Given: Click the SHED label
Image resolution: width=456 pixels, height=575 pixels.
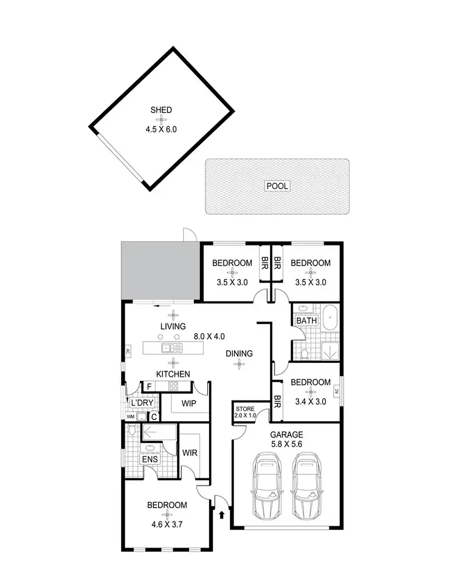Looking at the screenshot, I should (162, 110).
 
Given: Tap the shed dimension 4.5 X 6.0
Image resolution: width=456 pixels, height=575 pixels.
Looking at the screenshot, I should (162, 129).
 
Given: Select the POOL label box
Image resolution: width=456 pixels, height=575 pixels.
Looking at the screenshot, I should (277, 186).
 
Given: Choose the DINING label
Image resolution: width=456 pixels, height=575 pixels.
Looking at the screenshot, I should (239, 353).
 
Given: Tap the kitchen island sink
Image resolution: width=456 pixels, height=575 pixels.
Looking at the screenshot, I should (168, 348).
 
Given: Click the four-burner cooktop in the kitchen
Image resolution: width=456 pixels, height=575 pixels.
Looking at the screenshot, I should (173, 387).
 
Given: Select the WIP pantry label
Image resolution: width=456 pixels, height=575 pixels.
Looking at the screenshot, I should (187, 403).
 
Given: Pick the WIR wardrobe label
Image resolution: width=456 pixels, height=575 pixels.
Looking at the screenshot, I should (191, 453).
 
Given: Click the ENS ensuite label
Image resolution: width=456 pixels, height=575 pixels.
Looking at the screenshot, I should (150, 460).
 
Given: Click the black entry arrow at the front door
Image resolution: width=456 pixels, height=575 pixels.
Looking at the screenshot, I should (221, 515).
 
